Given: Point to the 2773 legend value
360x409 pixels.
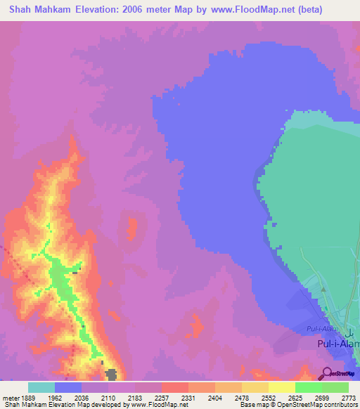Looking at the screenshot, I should point(347,398).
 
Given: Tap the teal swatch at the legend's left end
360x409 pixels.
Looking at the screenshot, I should point(41,387).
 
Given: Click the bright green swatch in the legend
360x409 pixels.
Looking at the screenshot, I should point(308,387).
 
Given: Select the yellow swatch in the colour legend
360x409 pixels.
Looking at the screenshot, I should point(281,387).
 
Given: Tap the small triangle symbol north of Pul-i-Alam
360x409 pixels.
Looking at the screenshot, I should point(323,288).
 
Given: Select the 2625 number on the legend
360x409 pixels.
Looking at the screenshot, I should point(296,398).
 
